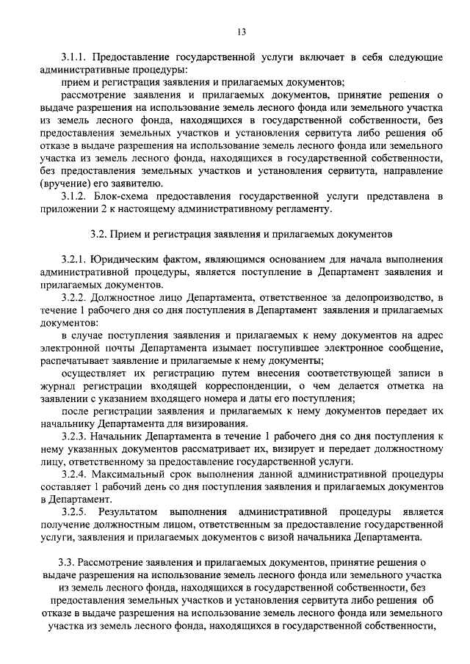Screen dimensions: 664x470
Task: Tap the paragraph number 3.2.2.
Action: (75, 297)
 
